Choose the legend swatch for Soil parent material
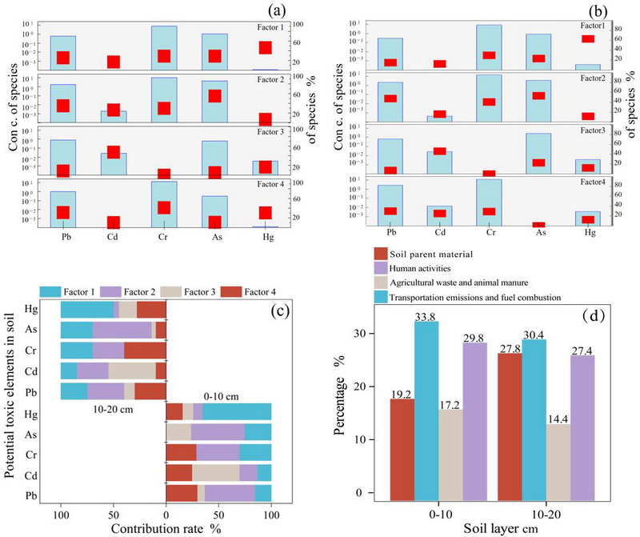pos(381,254)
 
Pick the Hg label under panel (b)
pos(590,233)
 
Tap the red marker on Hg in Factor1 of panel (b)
pos(589,38)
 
